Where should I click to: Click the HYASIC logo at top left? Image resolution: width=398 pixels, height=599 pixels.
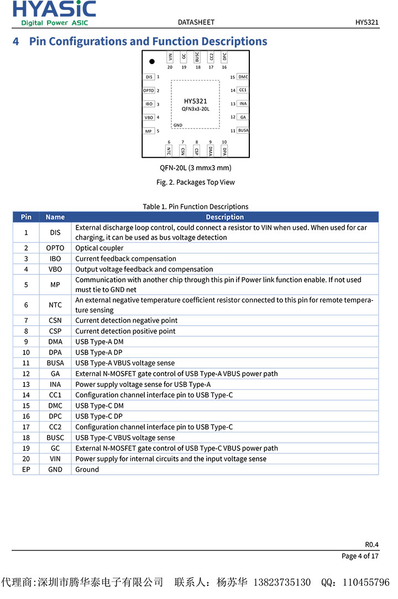pyautogui.click(x=54, y=13)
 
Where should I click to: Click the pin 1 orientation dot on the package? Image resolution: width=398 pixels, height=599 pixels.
pyautogui.click(x=152, y=61)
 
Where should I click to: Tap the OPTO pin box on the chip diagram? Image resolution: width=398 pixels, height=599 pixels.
pyautogui.click(x=149, y=91)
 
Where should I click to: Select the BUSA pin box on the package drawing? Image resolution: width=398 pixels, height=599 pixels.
pyautogui.click(x=243, y=130)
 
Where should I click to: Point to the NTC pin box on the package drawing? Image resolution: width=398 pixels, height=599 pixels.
pyautogui.click(x=169, y=150)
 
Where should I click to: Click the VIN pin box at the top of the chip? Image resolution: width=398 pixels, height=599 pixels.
pyautogui.click(x=170, y=56)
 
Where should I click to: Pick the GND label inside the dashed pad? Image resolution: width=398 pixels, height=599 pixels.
pyautogui.click(x=177, y=125)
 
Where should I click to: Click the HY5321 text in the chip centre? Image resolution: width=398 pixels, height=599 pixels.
pyautogui.click(x=196, y=101)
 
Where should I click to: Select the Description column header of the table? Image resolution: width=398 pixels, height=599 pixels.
pyautogui.click(x=224, y=217)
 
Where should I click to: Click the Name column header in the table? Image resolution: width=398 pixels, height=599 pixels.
pyautogui.click(x=55, y=217)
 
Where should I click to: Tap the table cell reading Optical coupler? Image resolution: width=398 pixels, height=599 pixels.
pyautogui.click(x=99, y=248)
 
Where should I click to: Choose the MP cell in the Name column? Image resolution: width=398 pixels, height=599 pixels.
pyautogui.click(x=55, y=284)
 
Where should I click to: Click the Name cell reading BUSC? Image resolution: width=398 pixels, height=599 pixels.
pyautogui.click(x=55, y=437)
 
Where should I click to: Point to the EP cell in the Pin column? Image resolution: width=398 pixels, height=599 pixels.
pyautogui.click(x=26, y=469)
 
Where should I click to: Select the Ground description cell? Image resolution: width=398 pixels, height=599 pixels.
pyautogui.click(x=87, y=469)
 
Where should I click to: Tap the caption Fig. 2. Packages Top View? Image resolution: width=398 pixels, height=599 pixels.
pyautogui.click(x=196, y=182)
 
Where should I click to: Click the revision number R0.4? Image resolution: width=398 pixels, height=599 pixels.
pyautogui.click(x=371, y=544)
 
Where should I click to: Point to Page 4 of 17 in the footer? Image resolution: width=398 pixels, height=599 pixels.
pyautogui.click(x=360, y=556)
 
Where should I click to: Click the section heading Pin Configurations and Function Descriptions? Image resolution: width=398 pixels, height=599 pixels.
pyautogui.click(x=148, y=41)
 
